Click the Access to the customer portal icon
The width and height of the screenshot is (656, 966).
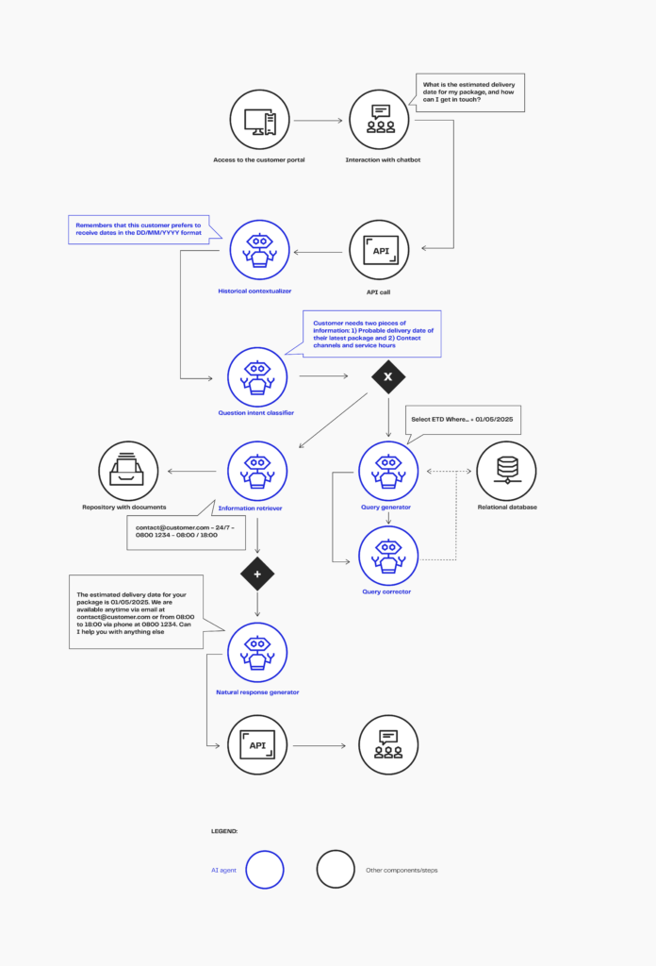(260, 120)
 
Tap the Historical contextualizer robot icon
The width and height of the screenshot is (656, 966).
(260, 250)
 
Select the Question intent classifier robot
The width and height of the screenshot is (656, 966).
(257, 377)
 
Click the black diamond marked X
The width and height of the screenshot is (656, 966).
(388, 376)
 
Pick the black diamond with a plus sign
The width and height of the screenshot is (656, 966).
(257, 574)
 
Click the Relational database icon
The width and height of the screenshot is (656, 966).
(506, 472)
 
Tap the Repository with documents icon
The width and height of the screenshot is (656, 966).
(128, 472)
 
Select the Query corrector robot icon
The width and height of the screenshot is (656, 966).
(388, 556)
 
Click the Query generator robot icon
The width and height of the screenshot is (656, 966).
(388, 472)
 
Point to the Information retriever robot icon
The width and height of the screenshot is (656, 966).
(257, 472)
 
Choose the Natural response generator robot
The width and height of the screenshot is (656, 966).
(257, 653)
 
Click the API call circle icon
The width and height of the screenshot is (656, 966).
(379, 250)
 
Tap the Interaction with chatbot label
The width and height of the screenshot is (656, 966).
(383, 160)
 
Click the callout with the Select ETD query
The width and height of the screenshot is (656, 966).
(463, 420)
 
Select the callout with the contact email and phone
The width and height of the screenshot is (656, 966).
(186, 532)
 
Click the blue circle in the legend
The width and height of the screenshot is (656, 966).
(265, 869)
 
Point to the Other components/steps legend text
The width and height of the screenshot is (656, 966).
(402, 871)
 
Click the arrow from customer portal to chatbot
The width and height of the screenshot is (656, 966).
(318, 120)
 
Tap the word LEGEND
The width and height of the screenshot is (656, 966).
(224, 831)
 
